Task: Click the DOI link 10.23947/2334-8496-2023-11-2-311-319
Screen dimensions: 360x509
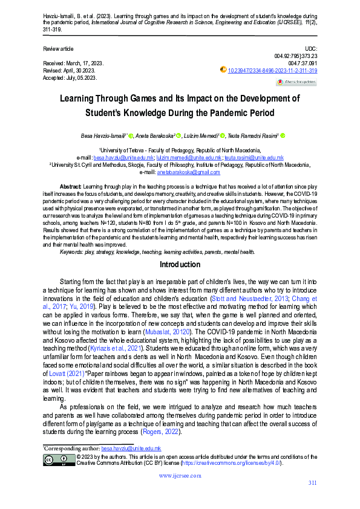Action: [x=272, y=70]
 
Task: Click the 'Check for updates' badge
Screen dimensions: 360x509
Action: [x=296, y=82]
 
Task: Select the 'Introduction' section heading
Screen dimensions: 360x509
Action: [x=180, y=265]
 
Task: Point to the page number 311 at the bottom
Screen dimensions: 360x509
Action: [x=312, y=482]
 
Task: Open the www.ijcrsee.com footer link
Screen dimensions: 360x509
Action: [x=180, y=476]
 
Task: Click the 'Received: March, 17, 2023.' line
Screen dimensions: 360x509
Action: [x=71, y=63]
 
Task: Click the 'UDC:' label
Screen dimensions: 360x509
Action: [x=310, y=48]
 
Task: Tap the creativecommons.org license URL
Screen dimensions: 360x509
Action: [x=241, y=463]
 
